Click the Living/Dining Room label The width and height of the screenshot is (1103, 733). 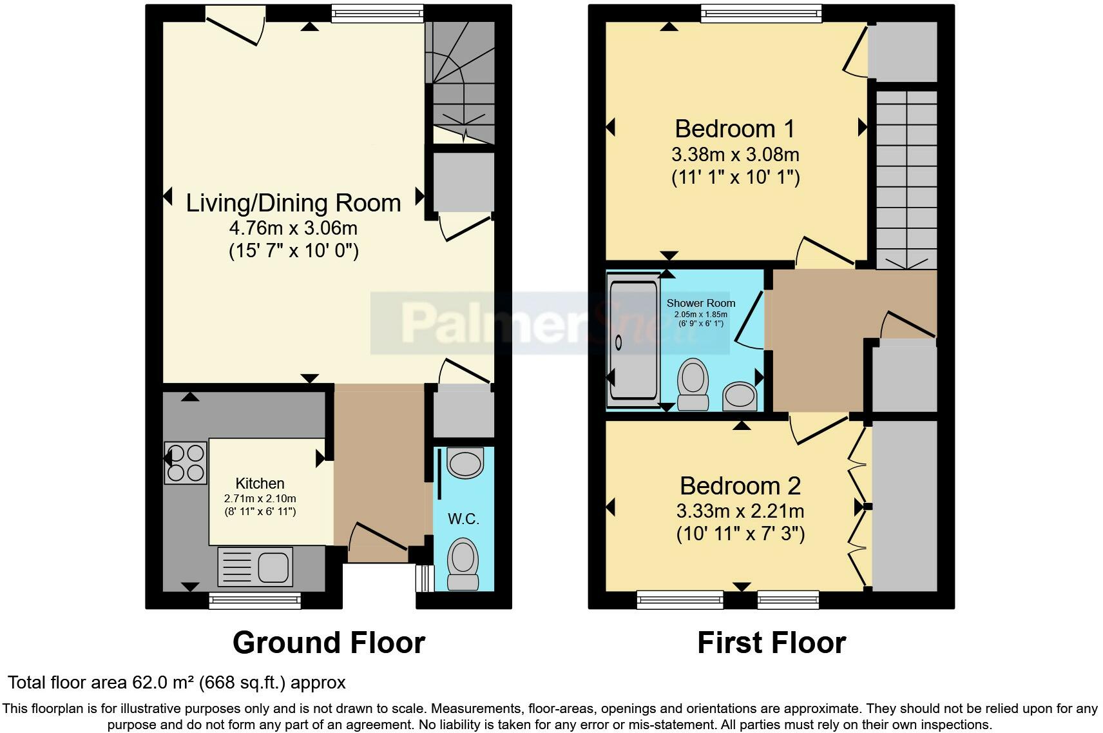pos(294,203)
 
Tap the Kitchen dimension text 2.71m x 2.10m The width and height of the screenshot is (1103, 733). pos(260,498)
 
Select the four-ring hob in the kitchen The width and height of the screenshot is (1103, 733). pos(185,463)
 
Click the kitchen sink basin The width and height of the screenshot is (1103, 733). pos(273,567)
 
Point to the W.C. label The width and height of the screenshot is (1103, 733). pos(463,519)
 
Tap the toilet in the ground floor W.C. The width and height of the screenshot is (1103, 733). pos(463,564)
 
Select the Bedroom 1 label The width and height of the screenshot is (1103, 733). pos(734,129)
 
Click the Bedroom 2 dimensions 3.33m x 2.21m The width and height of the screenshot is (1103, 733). pos(740,511)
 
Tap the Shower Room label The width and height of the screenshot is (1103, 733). pos(701,303)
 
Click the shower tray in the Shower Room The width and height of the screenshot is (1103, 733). pos(633,340)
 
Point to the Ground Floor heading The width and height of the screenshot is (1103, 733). pos(329,643)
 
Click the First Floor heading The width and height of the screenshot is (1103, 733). pos(772,643)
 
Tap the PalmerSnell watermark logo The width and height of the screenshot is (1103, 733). pos(550,323)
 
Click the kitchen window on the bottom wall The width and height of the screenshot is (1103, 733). pos(254,601)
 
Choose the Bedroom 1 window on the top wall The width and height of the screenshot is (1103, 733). pos(762,14)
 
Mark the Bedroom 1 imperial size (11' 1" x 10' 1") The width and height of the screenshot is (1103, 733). pos(736,177)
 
